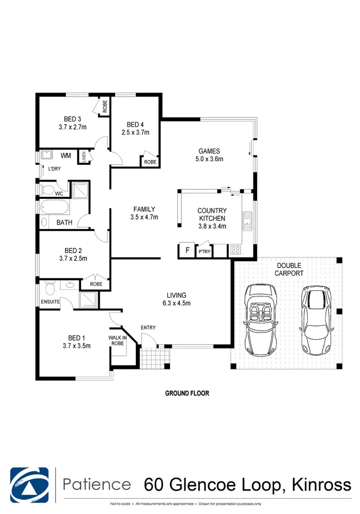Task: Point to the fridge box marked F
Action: click(x=186, y=251)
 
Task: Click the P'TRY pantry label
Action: click(x=204, y=251)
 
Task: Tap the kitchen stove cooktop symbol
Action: click(x=236, y=250)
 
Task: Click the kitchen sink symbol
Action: click(x=248, y=221)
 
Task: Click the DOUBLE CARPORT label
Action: click(x=288, y=269)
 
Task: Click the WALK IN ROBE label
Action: click(x=118, y=340)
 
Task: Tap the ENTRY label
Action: click(x=148, y=328)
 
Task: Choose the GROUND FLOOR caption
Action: click(x=187, y=393)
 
